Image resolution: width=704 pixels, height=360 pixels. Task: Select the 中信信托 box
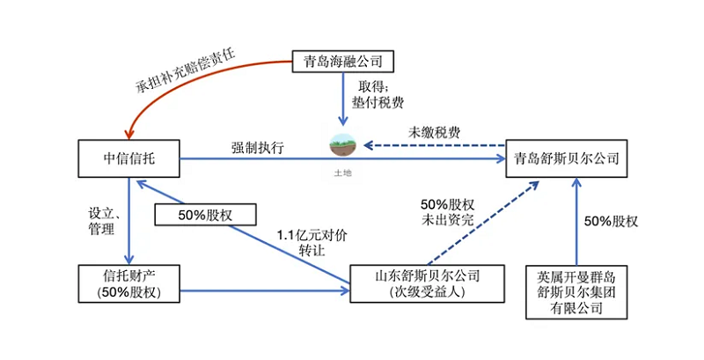coord(129,159)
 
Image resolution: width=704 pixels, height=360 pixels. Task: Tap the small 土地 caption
coord(341,173)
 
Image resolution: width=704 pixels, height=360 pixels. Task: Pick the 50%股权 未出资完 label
coord(450,211)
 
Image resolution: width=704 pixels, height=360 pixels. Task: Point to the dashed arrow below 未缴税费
coord(431,146)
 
